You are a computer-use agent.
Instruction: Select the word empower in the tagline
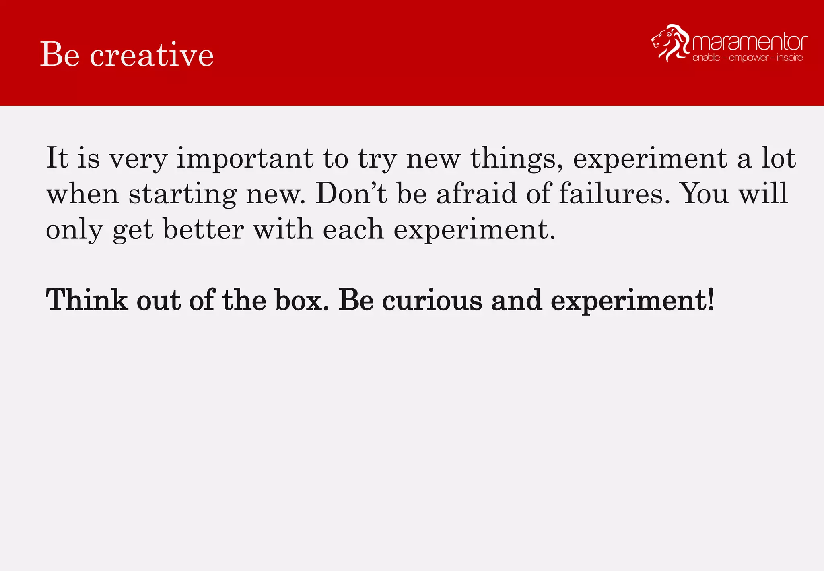coord(748,58)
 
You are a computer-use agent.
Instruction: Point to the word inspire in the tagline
coord(789,58)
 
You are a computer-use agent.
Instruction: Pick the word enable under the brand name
coord(706,58)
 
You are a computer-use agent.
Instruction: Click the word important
coord(245,159)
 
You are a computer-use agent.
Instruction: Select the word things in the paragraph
coord(517,159)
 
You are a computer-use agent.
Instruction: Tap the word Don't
coord(351,194)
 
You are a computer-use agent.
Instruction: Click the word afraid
coord(476,194)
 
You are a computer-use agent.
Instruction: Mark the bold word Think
coord(87,300)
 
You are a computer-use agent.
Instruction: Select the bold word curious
coord(432,300)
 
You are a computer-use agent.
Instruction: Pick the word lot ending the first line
coord(779,158)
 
